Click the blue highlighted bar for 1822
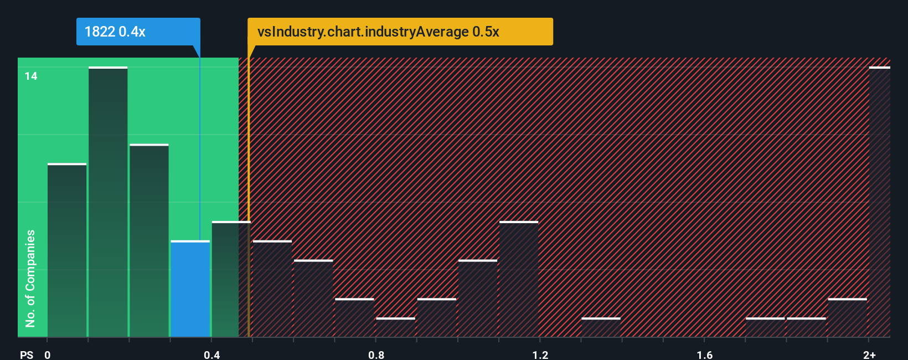tap(190, 289)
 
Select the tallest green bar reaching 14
tap(108, 202)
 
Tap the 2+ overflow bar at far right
tap(879, 202)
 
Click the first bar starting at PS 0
tap(67, 250)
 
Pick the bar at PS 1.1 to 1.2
tap(519, 279)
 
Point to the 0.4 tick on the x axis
tap(211, 354)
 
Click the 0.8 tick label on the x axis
tap(376, 354)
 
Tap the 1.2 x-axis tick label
tap(540, 354)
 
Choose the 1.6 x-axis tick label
tap(704, 354)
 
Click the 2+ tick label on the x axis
tap(869, 354)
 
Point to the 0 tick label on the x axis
tap(48, 354)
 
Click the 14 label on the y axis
tap(31, 76)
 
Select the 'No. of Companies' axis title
tap(30, 278)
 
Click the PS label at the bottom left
tap(27, 354)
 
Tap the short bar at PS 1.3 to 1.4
tap(601, 327)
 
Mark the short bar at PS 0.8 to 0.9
tap(395, 327)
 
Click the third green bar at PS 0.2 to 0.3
tap(149, 241)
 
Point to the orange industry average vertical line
tap(249, 194)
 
